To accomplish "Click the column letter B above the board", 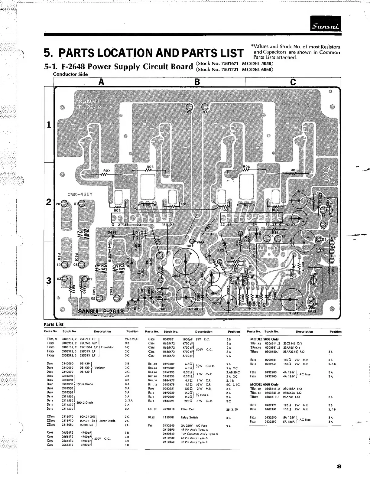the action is coord(197,82).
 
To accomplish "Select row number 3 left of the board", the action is coord(48,280).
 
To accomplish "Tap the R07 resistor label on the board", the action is coord(107,171).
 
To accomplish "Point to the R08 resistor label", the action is coord(294,170).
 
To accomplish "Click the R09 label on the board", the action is coord(190,246).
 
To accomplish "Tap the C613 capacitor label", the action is coord(300,191).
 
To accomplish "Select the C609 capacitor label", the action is coord(193,309).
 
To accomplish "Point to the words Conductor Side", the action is coord(70,74).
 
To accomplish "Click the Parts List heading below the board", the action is coord(54,324).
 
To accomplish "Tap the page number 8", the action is coord(339,466).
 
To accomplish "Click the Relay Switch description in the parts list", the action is coord(190,418).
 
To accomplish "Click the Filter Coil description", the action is coord(188,409).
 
